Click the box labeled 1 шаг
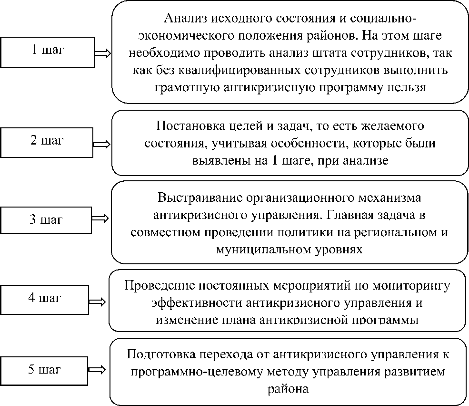[47, 52]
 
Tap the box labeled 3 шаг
[47, 220]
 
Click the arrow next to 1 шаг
[102, 53]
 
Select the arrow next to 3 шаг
[100, 218]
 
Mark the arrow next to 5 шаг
[100, 369]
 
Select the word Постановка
[186, 126]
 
